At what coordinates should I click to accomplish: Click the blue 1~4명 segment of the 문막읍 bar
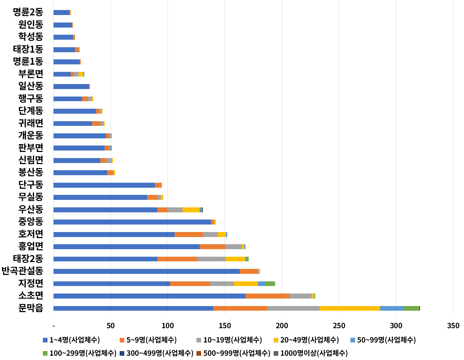pyautogui.click(x=133, y=308)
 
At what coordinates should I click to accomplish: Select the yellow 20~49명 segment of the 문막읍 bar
pyautogui.click(x=350, y=308)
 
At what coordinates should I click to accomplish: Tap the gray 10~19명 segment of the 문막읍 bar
pyautogui.click(x=293, y=308)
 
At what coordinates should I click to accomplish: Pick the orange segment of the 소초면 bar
pyautogui.click(x=268, y=296)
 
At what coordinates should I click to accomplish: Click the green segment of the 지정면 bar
pyautogui.click(x=270, y=283)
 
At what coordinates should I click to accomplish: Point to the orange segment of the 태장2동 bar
pyautogui.click(x=177, y=259)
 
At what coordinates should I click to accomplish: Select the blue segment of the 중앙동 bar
pyautogui.click(x=132, y=222)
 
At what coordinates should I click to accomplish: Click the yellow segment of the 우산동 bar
pyautogui.click(x=191, y=210)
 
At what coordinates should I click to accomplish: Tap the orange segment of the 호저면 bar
pyautogui.click(x=189, y=235)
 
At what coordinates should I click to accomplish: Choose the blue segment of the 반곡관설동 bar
pyautogui.click(x=146, y=271)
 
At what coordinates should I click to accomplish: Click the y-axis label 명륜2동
pyautogui.click(x=28, y=12)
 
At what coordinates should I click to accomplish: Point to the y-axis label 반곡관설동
pyautogui.click(x=22, y=271)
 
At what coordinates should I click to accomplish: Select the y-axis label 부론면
pyautogui.click(x=31, y=74)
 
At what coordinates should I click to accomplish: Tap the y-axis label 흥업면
pyautogui.click(x=31, y=246)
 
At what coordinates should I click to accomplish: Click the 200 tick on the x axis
pyautogui.click(x=282, y=326)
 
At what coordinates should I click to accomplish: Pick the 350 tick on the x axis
pyautogui.click(x=453, y=326)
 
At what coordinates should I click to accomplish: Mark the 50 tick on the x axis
pyautogui.click(x=110, y=326)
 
